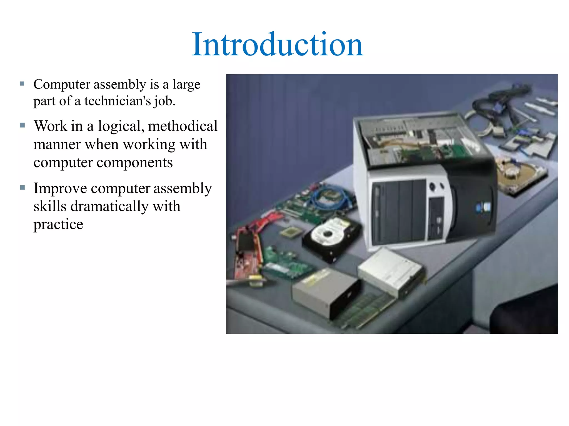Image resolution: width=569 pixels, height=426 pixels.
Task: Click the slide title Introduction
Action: (277, 44)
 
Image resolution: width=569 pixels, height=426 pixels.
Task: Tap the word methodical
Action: (183, 126)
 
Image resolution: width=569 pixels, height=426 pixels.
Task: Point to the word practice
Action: (58, 224)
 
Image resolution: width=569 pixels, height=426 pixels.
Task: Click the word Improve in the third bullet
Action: (60, 189)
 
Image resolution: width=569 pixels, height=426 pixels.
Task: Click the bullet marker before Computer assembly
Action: (22, 83)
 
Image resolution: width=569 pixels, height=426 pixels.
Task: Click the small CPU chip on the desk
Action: (290, 232)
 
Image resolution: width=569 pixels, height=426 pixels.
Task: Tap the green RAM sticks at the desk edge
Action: (364, 311)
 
